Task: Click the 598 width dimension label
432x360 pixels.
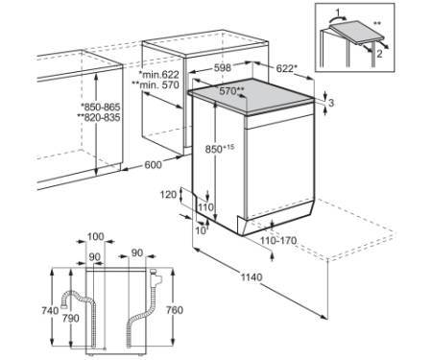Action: (x=223, y=67)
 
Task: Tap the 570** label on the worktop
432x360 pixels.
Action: (x=231, y=91)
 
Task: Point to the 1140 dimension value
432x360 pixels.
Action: (x=252, y=277)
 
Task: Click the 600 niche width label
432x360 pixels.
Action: (x=154, y=165)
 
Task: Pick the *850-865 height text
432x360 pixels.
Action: (x=100, y=107)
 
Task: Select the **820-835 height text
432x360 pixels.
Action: (x=99, y=117)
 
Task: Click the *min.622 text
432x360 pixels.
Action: (x=158, y=75)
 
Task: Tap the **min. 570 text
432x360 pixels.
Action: (x=156, y=85)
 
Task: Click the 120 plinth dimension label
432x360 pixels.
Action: (x=168, y=194)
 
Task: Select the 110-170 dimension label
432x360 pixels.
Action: (x=278, y=240)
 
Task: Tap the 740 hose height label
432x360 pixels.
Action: (x=50, y=310)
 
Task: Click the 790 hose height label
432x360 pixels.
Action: (x=70, y=318)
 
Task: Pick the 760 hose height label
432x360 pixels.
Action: (x=175, y=310)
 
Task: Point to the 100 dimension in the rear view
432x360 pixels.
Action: (x=96, y=236)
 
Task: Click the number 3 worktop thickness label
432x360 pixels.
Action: (x=331, y=103)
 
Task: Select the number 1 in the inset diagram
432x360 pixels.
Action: (x=338, y=13)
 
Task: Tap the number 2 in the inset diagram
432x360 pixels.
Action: (x=379, y=54)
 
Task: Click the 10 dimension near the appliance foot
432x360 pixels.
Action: (x=201, y=230)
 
